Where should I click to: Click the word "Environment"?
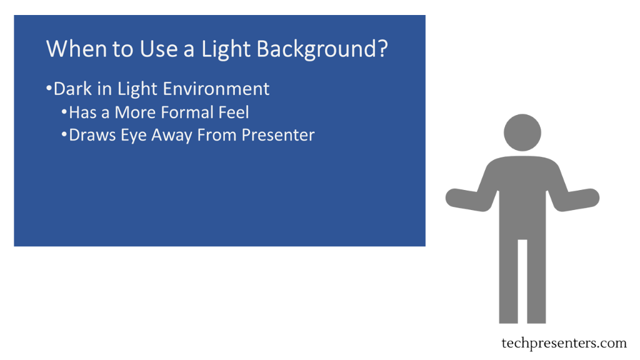click(x=214, y=89)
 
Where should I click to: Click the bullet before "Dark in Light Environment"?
click(x=49, y=87)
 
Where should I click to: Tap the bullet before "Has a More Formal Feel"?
click(x=64, y=111)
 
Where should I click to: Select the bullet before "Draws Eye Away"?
click(x=64, y=134)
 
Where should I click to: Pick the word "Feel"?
click(x=234, y=112)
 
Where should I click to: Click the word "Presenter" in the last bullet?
click(x=278, y=135)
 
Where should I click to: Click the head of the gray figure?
click(x=522, y=132)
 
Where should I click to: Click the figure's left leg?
click(x=508, y=282)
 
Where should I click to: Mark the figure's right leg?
click(x=536, y=282)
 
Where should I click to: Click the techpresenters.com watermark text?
click(x=564, y=343)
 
